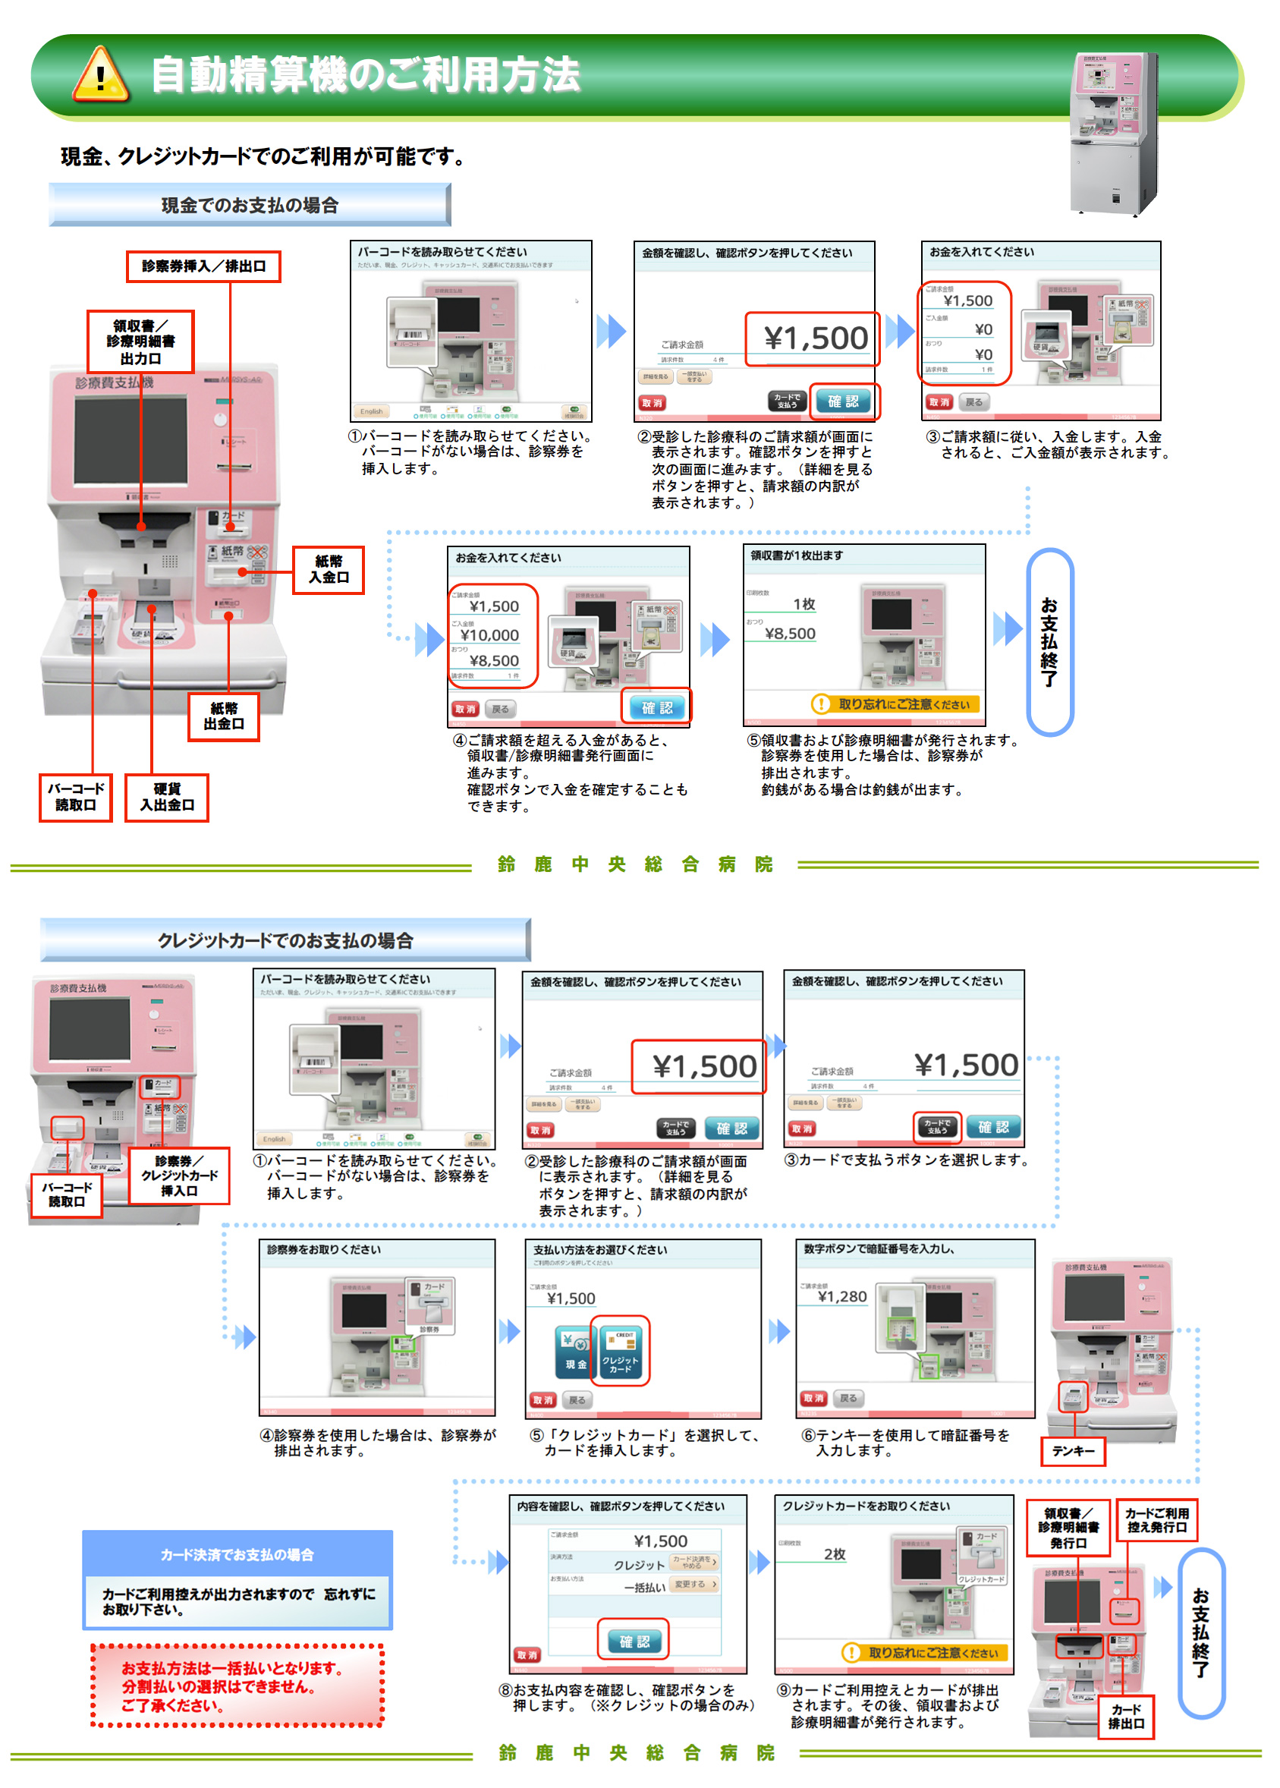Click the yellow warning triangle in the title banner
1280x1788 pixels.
point(100,76)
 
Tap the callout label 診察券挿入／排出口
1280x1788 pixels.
point(203,266)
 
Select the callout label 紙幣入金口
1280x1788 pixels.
point(329,569)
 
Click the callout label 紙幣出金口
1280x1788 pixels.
point(224,716)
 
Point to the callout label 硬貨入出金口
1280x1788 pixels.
point(167,797)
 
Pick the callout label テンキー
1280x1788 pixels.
point(1073,1450)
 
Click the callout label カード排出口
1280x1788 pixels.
point(1125,1716)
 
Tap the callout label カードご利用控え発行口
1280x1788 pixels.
point(1156,1520)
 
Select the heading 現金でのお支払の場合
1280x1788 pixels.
point(250,205)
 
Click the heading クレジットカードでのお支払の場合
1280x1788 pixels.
point(285,940)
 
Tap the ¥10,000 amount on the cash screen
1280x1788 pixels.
point(489,634)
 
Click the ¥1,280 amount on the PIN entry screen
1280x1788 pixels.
point(841,1296)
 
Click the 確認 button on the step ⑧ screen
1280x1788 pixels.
point(634,1642)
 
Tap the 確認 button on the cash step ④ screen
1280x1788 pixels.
point(656,707)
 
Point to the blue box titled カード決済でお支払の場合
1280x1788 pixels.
point(237,1579)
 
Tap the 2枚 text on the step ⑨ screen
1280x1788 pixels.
point(835,1553)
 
